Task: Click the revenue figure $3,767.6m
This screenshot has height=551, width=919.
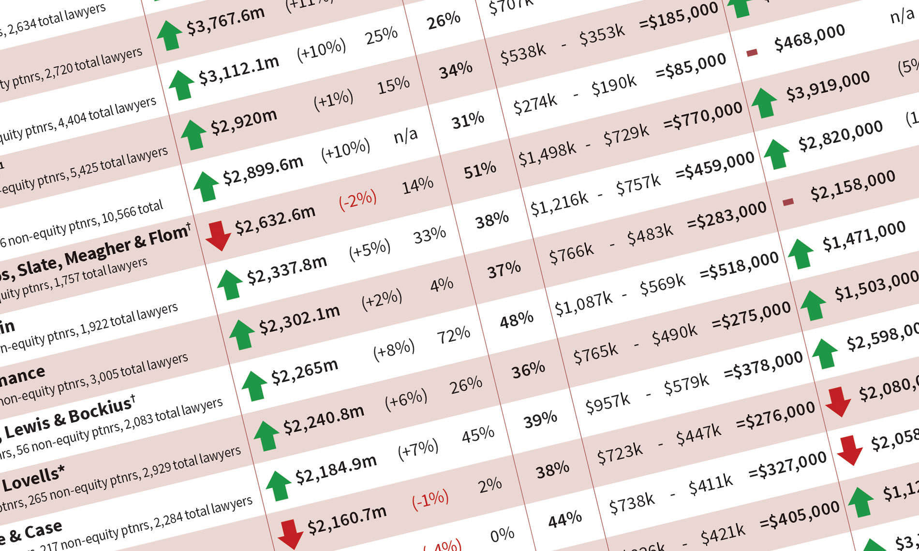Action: click(225, 21)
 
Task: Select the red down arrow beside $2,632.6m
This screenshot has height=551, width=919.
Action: click(218, 235)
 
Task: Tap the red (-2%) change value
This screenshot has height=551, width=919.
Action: click(357, 199)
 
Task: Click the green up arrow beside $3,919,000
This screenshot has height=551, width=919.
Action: click(765, 102)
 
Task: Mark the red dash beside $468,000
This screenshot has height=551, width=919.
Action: click(752, 52)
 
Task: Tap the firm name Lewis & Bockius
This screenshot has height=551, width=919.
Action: click(68, 418)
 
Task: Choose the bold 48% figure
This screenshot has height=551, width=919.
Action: click(516, 319)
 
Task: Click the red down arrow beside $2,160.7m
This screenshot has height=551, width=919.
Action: click(290, 533)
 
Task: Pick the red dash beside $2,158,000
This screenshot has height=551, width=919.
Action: click(788, 202)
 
